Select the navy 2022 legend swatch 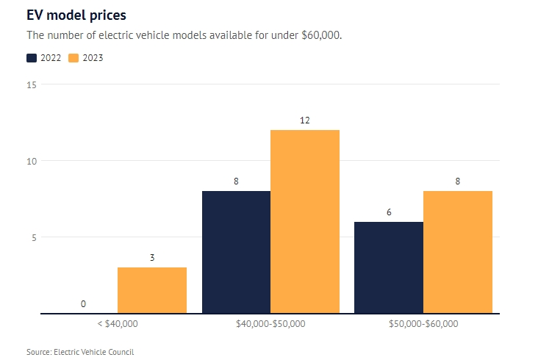pyautogui.click(x=32, y=58)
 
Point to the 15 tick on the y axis pyautogui.click(x=32, y=84)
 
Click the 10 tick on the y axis pyautogui.click(x=32, y=161)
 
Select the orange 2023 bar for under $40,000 pyautogui.click(x=152, y=290)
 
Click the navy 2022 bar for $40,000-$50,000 pyautogui.click(x=236, y=252)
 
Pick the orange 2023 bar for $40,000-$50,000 pyautogui.click(x=305, y=221)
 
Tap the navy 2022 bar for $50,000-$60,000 pyautogui.click(x=389, y=267)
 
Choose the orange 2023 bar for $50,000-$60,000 pyautogui.click(x=458, y=252)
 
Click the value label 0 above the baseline pyautogui.click(x=83, y=303)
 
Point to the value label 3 pyautogui.click(x=152, y=258)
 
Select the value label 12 pyautogui.click(x=305, y=120)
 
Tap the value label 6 pyautogui.click(x=389, y=212)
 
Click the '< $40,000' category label pyautogui.click(x=118, y=323)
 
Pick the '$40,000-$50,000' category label pyautogui.click(x=270, y=323)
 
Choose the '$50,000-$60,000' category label pyautogui.click(x=423, y=323)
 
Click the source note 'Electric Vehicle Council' pyautogui.click(x=94, y=352)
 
